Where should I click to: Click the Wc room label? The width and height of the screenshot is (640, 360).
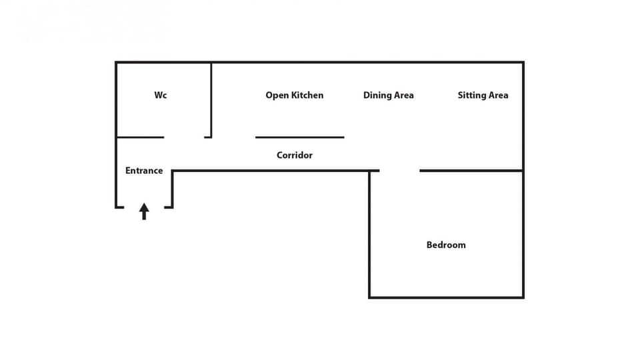pos(161,95)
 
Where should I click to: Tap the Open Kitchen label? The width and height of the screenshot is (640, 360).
pos(294,95)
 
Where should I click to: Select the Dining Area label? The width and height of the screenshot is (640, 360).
pos(388,95)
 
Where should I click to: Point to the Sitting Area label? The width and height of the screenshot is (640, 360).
pos(483,95)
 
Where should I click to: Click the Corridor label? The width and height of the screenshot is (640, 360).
pos(294,155)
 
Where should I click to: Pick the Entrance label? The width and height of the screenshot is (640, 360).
pos(144,171)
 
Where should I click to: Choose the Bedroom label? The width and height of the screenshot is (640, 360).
pos(446,245)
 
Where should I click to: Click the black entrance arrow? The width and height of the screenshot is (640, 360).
pos(144,211)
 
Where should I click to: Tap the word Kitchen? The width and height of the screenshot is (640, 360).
pos(306,95)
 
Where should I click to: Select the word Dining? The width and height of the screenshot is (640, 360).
pos(376,95)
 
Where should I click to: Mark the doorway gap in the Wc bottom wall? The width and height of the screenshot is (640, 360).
pos(184,137)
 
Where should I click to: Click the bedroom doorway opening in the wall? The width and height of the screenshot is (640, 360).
pos(399,171)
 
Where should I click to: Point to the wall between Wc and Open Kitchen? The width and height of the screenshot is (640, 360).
pos(211,99)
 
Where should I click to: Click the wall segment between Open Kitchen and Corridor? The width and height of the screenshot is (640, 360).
pos(299,137)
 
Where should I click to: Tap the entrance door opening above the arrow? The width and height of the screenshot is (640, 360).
pos(144,207)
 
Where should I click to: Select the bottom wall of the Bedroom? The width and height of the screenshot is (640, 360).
pos(446,297)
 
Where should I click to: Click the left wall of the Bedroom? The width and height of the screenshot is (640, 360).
pos(369,234)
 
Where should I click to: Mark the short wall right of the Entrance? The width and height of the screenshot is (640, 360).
pos(172,189)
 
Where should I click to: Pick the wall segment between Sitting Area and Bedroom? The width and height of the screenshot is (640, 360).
pos(471,171)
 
